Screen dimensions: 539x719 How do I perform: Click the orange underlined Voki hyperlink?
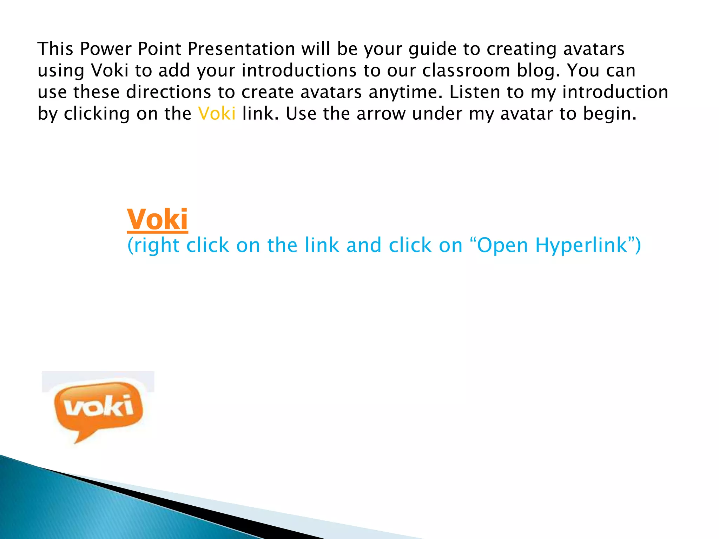point(157,220)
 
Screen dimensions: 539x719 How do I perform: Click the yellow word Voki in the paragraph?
point(217,114)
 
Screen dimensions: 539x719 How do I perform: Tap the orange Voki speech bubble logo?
point(99,407)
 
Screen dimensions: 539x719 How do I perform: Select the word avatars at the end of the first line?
point(594,49)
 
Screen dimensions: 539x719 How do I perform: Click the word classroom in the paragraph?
point(466,71)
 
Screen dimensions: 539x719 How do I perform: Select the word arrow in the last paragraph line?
point(381,114)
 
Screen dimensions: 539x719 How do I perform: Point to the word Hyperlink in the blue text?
point(581,245)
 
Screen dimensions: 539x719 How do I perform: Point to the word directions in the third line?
point(169,92)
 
